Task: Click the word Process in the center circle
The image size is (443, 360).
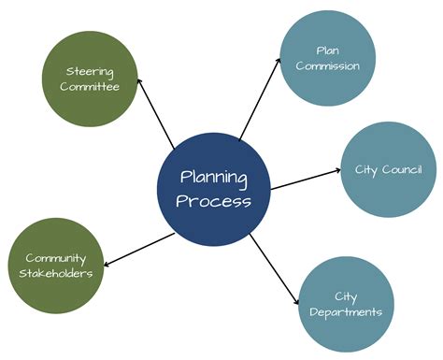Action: (x=215, y=200)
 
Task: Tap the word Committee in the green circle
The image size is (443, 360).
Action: (x=93, y=87)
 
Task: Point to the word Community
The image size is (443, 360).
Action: (x=56, y=257)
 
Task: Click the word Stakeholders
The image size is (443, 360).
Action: (x=56, y=273)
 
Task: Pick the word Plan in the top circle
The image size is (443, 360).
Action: (x=327, y=50)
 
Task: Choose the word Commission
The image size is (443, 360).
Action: (x=327, y=66)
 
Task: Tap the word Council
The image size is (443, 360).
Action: (x=402, y=169)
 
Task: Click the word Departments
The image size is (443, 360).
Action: (x=345, y=312)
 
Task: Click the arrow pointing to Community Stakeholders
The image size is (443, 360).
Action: (x=136, y=248)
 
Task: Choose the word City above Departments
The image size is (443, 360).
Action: (x=345, y=296)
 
